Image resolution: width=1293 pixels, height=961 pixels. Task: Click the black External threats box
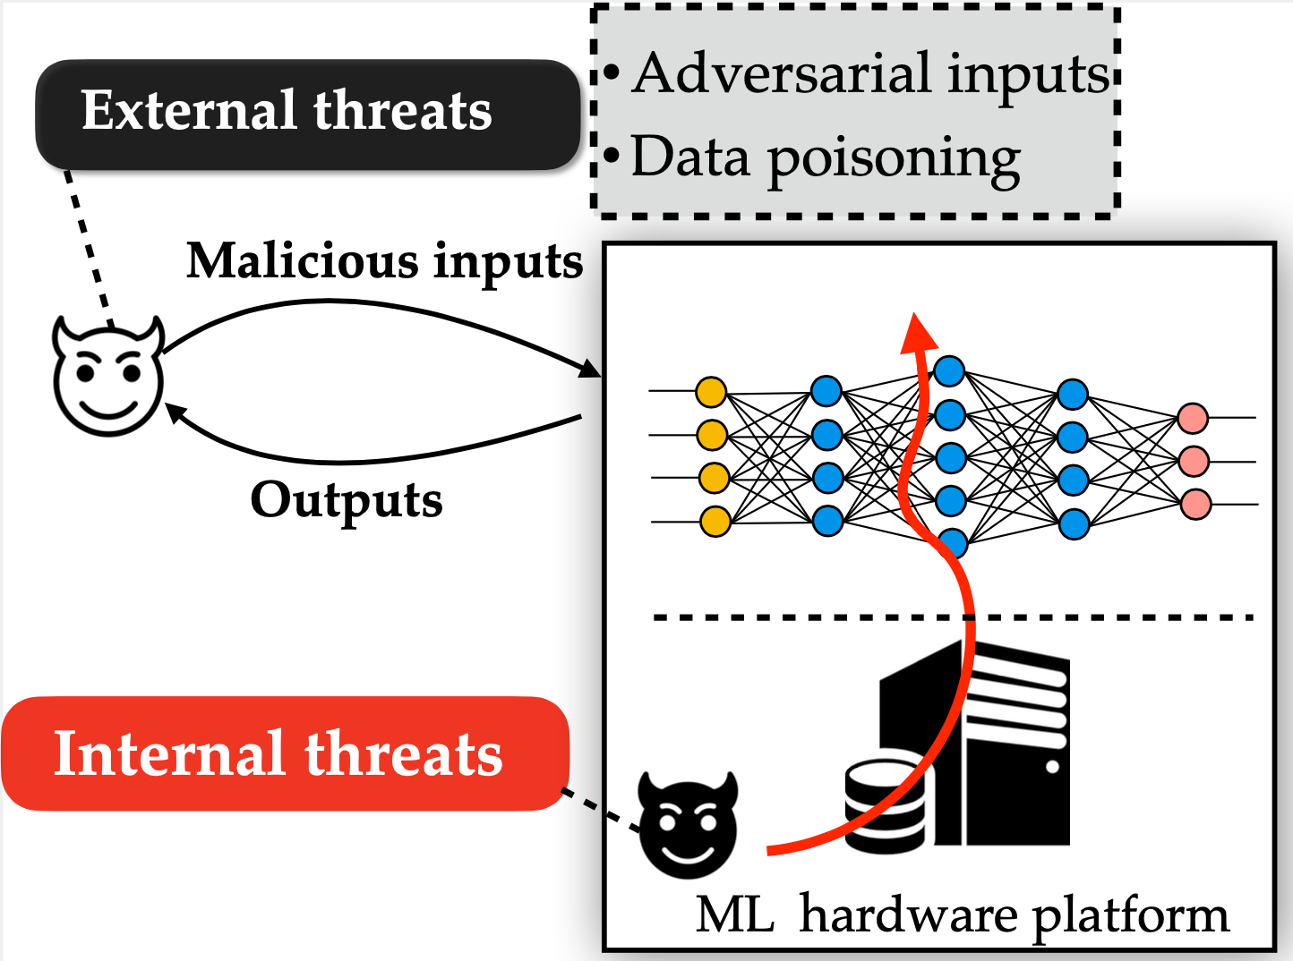pyautogui.click(x=308, y=115)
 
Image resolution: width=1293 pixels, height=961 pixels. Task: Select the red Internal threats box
pyautogui.click(x=285, y=753)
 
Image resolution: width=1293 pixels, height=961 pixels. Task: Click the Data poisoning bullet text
pyautogui.click(x=811, y=158)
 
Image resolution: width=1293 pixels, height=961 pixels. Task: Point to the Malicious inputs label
pyautogui.click(x=385, y=263)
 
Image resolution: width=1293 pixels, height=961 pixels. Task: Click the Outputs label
pyautogui.click(x=347, y=501)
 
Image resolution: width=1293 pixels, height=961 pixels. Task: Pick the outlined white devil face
pyautogui.click(x=108, y=375)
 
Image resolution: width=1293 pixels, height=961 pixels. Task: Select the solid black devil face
pyautogui.click(x=689, y=824)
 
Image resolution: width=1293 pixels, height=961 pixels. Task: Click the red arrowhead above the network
pyautogui.click(x=918, y=334)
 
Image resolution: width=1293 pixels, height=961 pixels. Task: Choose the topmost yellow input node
pyautogui.click(x=711, y=392)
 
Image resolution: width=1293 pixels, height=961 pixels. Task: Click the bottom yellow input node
pyautogui.click(x=715, y=521)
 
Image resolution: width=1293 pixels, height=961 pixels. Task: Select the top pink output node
pyautogui.click(x=1193, y=418)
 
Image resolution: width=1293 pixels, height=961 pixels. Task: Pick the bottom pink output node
pyautogui.click(x=1196, y=504)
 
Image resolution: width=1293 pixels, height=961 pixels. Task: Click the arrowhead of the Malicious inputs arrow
pyautogui.click(x=590, y=369)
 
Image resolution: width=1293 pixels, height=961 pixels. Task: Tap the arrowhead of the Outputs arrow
pyautogui.click(x=175, y=412)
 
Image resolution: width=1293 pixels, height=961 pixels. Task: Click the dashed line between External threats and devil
pyautogui.click(x=90, y=249)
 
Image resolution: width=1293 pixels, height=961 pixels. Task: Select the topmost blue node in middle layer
pyautogui.click(x=949, y=370)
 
